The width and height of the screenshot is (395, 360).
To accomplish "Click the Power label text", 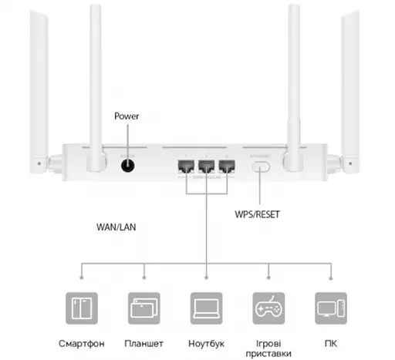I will coord(126,116).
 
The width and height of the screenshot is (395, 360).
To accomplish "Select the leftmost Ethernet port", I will coord(186,166).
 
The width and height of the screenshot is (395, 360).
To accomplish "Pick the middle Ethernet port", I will coord(206,166).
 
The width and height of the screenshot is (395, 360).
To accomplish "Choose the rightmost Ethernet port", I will coord(226,166).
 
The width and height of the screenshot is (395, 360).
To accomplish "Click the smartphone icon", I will coord(83,308).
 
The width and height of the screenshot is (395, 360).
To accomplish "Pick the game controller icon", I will coord(268,308).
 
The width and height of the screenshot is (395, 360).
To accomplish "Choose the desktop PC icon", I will coord(329,308).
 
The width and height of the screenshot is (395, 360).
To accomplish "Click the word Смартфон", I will coord(83,341).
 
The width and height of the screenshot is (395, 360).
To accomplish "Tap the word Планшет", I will coord(144,341).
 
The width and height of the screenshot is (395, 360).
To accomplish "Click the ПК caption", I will coord(329,341).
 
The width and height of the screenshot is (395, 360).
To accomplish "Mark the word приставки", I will coord(268,353).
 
